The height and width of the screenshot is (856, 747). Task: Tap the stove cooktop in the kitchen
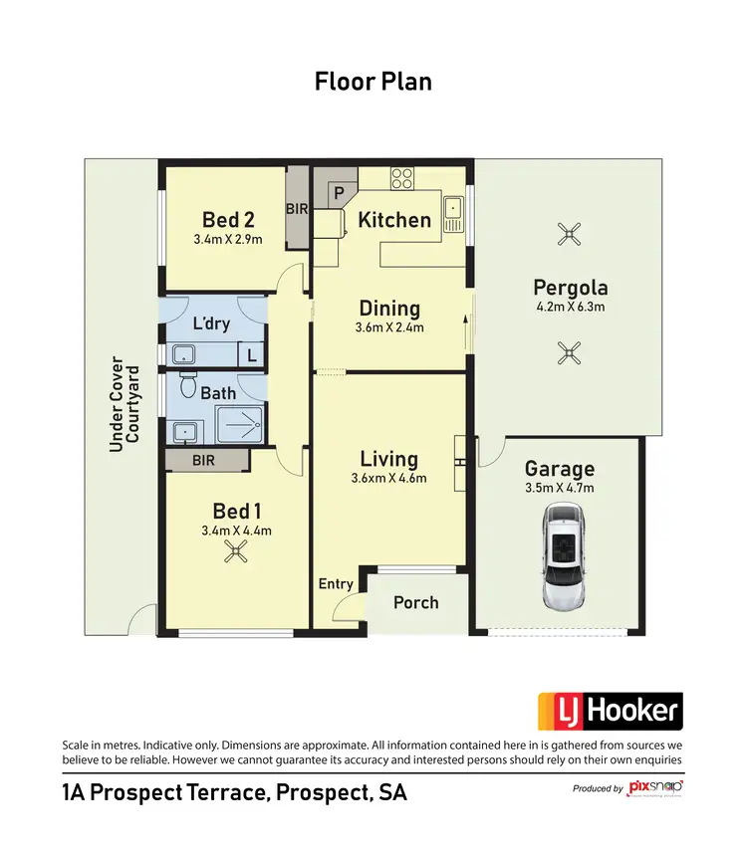pyautogui.click(x=402, y=180)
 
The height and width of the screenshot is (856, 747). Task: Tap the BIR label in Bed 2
pyautogui.click(x=297, y=210)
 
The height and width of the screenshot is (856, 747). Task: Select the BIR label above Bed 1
pyautogui.click(x=204, y=461)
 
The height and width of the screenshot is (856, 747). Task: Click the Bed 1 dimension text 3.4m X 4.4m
pyautogui.click(x=236, y=531)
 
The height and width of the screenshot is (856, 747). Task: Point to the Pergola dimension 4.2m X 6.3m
pyautogui.click(x=570, y=308)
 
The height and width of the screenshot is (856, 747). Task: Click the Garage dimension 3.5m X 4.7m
pyautogui.click(x=559, y=488)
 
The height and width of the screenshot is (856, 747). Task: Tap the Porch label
pyautogui.click(x=416, y=602)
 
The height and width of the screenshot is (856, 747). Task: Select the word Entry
pyautogui.click(x=336, y=583)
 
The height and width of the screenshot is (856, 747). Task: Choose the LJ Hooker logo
pyautogui.click(x=611, y=712)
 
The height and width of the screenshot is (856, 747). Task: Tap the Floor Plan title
pyautogui.click(x=373, y=82)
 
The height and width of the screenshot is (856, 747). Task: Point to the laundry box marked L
pyautogui.click(x=251, y=354)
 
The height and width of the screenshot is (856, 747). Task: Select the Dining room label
pyautogui.click(x=389, y=309)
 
